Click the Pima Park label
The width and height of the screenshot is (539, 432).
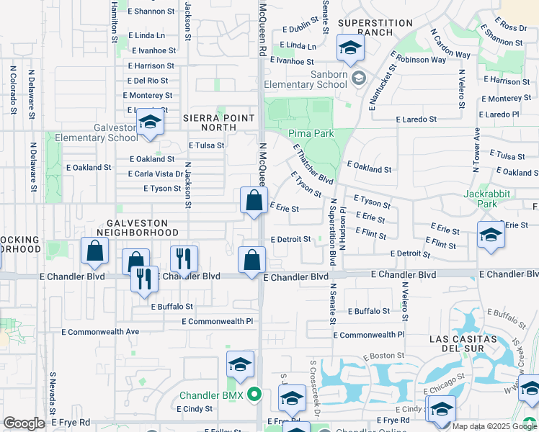(x=311, y=133)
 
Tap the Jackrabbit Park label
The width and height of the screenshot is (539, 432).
(x=481, y=199)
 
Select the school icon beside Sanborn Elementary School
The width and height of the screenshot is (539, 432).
(x=350, y=49)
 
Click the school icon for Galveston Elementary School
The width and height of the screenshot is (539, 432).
(x=150, y=124)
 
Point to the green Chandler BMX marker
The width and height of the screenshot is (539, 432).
(x=254, y=395)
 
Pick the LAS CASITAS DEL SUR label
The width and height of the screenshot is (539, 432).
(x=473, y=344)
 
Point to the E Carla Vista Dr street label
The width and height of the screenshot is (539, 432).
(x=154, y=174)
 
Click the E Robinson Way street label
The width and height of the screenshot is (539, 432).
(x=419, y=60)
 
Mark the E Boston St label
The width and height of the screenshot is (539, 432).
(x=384, y=356)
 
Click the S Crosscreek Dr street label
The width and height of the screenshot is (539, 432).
(x=315, y=389)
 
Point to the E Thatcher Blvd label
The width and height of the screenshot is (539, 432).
(x=312, y=163)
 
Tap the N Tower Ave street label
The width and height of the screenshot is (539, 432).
(x=476, y=150)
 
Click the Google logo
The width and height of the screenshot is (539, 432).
(x=24, y=423)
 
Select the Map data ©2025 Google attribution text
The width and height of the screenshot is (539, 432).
(x=494, y=426)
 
